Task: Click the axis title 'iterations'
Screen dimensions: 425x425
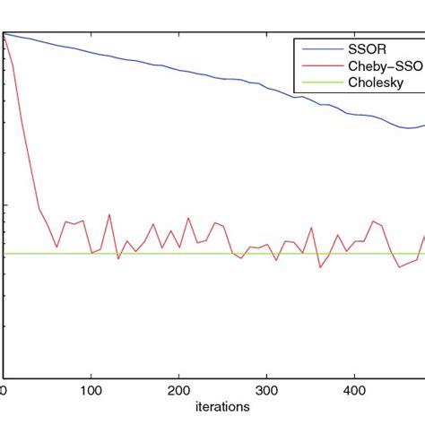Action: [x=223, y=406]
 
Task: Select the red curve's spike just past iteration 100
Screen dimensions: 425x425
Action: [x=109, y=215]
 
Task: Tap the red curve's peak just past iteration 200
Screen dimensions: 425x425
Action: [x=188, y=218]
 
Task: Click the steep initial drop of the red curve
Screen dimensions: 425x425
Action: [x=22, y=134]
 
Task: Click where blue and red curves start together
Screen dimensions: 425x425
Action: [x=4, y=34]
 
